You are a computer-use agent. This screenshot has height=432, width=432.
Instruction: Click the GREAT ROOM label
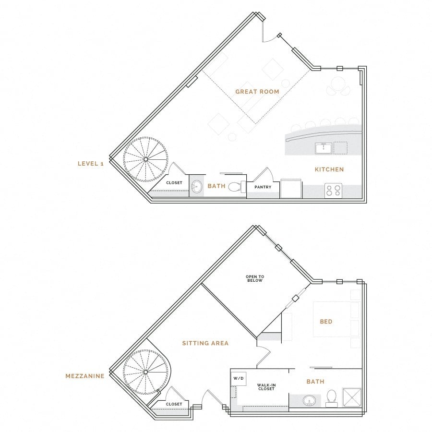pyautogui.click(x=257, y=91)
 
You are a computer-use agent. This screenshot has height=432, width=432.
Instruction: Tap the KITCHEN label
pyautogui.click(x=329, y=169)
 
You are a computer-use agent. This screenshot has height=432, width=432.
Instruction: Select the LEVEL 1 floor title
pyautogui.click(x=91, y=164)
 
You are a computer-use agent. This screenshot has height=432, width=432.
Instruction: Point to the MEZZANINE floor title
pyautogui.click(x=85, y=376)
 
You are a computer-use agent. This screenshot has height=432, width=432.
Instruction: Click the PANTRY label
pyautogui.click(x=263, y=187)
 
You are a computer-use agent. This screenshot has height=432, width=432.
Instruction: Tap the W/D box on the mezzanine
pyautogui.click(x=238, y=378)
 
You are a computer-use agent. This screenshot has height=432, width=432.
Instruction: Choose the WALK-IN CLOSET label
pyautogui.click(x=265, y=387)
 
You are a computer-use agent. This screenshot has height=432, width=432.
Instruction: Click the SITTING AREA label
pyautogui.click(x=205, y=343)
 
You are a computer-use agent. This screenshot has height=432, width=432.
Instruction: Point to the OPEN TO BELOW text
pyautogui.click(x=254, y=279)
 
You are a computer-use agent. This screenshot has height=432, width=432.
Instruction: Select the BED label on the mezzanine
pyautogui.click(x=325, y=322)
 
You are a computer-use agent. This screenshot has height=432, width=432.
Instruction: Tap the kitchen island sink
pyautogui.click(x=323, y=148)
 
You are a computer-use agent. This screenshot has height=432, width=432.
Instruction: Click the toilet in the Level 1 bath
pyautogui.click(x=235, y=187)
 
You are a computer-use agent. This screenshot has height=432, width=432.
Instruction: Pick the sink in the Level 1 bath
pyautogui.click(x=197, y=187)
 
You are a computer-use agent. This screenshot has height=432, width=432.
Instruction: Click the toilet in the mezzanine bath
pyautogui.click(x=331, y=397)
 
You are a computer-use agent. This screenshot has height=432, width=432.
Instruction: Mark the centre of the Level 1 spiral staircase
pyautogui.click(x=145, y=159)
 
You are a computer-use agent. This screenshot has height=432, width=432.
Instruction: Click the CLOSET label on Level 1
pyautogui.click(x=174, y=183)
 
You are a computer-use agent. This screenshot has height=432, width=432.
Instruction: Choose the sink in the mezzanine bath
pyautogui.click(x=309, y=400)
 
